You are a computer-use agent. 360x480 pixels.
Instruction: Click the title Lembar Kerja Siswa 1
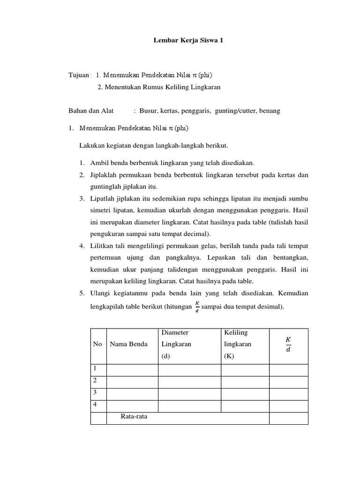189,41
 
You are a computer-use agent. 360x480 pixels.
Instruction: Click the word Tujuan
79,75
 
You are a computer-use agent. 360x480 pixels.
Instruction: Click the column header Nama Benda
128,344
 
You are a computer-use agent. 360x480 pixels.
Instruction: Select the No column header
97,344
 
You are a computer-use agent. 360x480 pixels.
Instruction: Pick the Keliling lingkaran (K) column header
238,344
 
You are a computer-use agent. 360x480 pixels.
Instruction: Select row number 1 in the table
95,369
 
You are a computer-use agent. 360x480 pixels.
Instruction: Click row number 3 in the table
95,393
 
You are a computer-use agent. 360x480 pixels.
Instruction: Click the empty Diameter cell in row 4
189,405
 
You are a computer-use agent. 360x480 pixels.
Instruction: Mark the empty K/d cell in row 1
288,370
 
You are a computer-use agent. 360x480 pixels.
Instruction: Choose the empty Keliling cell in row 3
244,394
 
